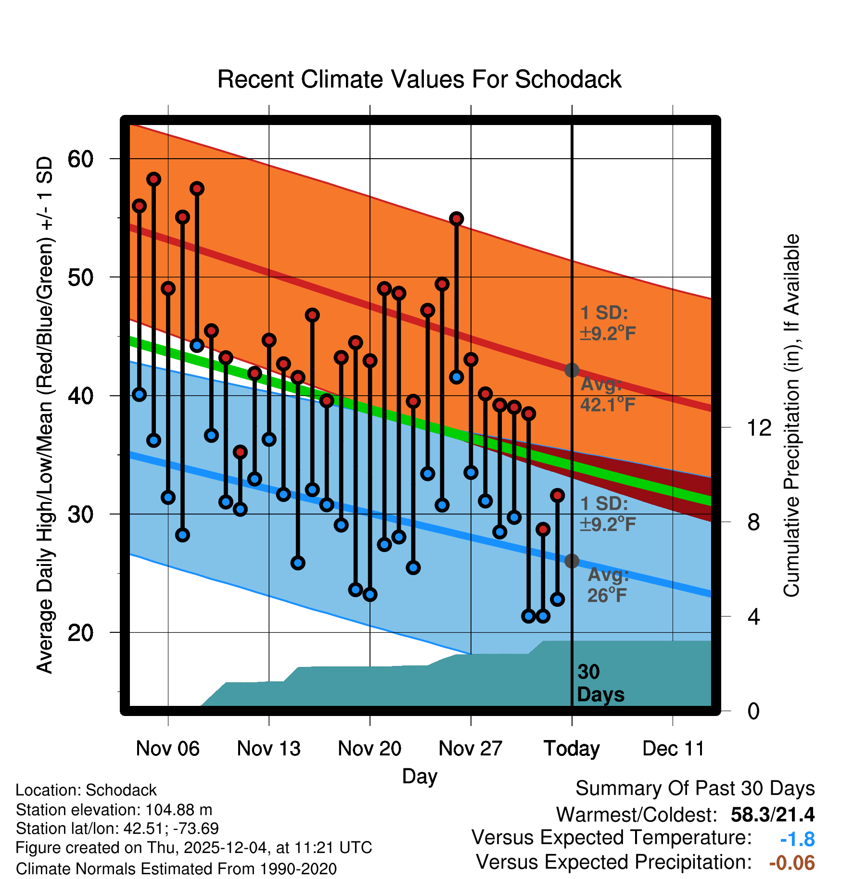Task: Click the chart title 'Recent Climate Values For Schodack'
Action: coord(419,79)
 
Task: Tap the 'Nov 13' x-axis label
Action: coord(268,749)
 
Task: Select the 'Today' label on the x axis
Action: coord(572,749)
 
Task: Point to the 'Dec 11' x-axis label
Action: coord(673,749)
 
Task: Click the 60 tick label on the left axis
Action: coord(80,159)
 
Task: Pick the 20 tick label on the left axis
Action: coord(80,632)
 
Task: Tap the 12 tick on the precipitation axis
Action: coord(759,427)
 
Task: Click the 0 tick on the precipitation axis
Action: coord(753,711)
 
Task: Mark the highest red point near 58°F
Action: coord(153,179)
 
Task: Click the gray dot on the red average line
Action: coord(572,370)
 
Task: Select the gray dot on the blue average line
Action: coord(572,561)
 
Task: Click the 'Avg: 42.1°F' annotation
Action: coord(607,395)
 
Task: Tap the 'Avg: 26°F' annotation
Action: coord(608,585)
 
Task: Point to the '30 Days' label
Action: coord(600,683)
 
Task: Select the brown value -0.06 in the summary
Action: coord(792,863)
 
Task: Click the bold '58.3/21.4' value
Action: coord(772,815)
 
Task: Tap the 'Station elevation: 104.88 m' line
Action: coord(114,810)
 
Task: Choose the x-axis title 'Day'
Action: coord(420,776)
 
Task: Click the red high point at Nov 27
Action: coord(471,359)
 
